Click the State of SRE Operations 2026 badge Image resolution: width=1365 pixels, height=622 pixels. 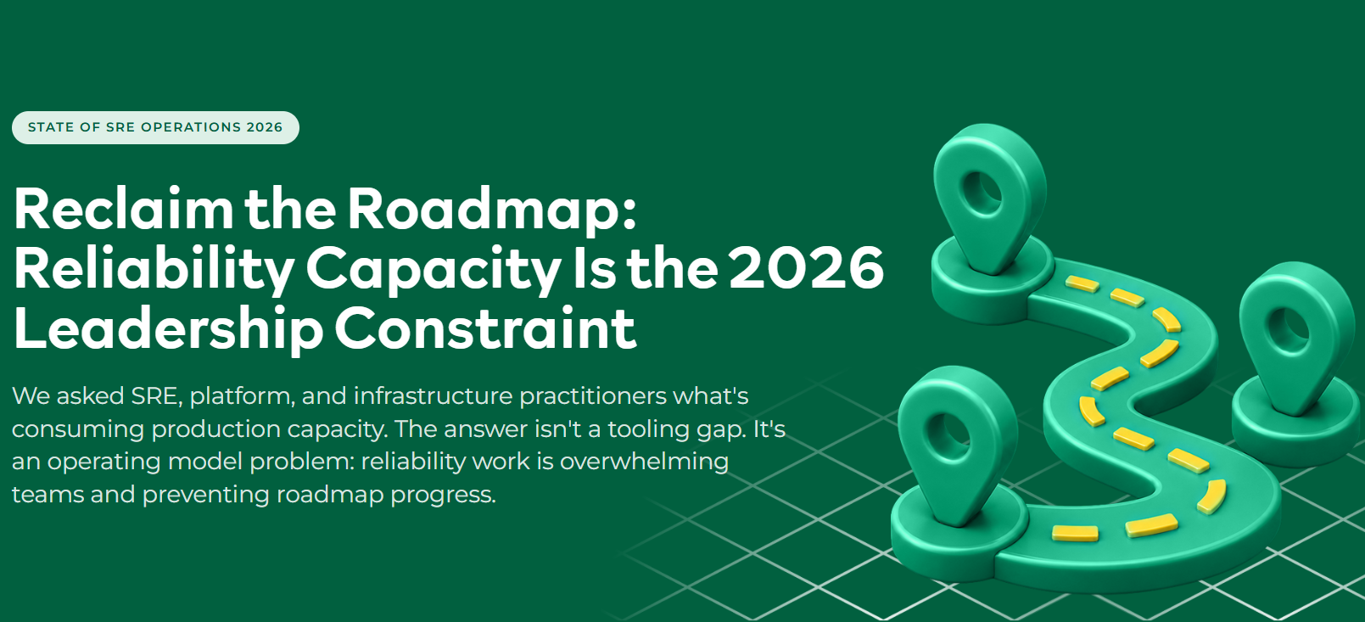[x=155, y=127]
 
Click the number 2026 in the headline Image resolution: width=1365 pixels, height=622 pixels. [x=806, y=267]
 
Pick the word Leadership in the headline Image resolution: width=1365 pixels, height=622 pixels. [x=168, y=328]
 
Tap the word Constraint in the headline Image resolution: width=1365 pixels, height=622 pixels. [x=485, y=328]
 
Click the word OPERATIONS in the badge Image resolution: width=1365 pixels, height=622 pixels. [x=191, y=127]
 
